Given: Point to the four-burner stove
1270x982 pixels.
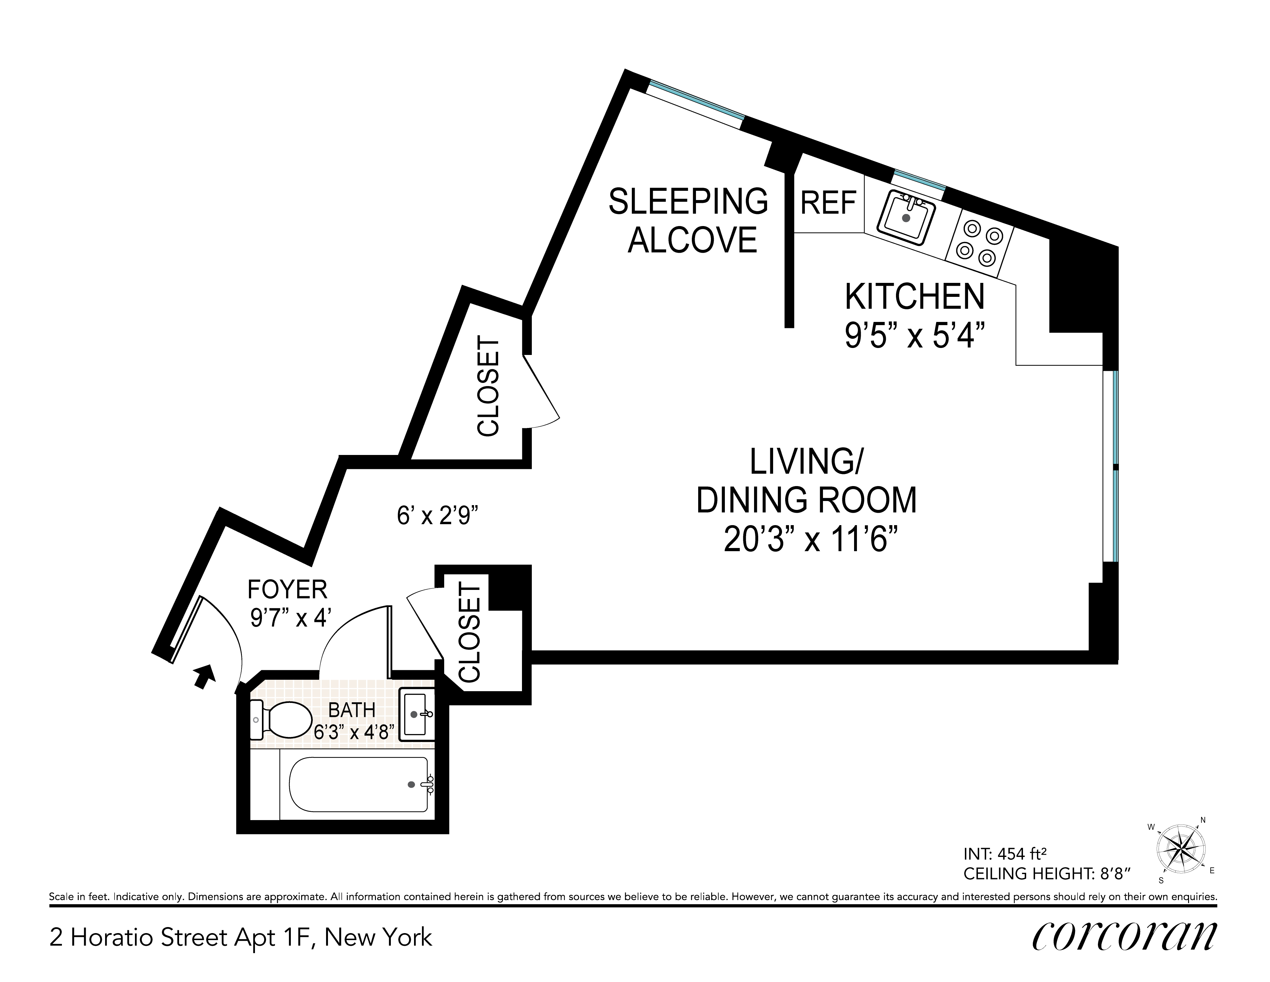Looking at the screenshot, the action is point(980,243).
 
